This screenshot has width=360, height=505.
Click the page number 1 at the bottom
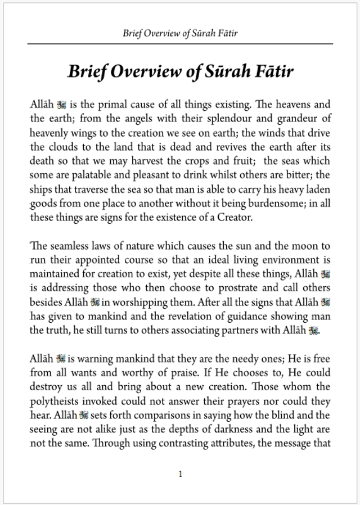point(180,474)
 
